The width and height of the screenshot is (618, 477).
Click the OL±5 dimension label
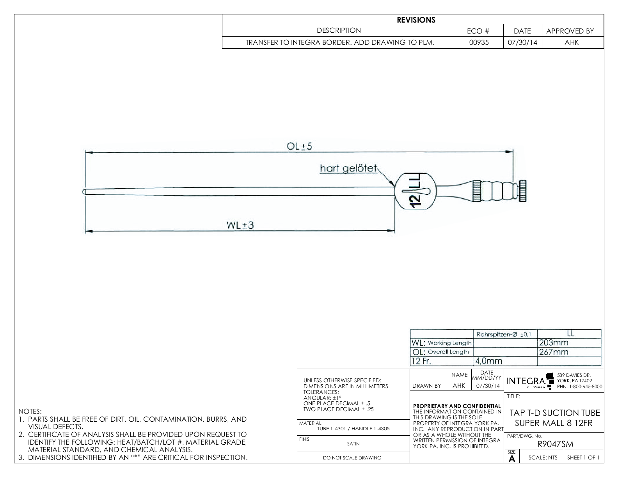click(300, 147)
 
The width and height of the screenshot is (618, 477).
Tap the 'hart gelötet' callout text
click(348, 168)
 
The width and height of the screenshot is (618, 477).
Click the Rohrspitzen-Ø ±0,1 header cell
click(504, 334)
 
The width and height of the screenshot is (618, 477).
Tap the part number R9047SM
click(555, 444)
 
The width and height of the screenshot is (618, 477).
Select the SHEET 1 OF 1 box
click(583, 458)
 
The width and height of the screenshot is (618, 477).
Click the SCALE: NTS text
click(543, 458)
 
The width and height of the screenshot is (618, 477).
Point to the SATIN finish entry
click(353, 443)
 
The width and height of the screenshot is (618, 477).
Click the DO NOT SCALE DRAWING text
click(352, 458)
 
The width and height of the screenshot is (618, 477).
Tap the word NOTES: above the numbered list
click(30, 412)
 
